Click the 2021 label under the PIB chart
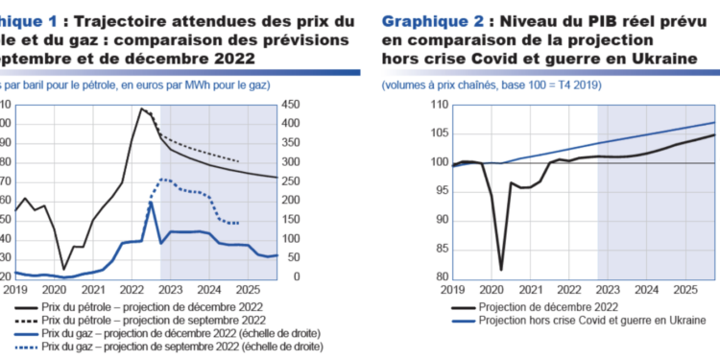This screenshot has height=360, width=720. coord(528,289)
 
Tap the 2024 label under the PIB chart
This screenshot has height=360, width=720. coord(646,289)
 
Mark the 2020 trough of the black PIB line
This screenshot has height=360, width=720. coord(501,270)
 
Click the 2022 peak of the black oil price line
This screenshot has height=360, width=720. coord(142,108)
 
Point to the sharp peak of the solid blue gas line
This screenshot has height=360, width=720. coord(152,203)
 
